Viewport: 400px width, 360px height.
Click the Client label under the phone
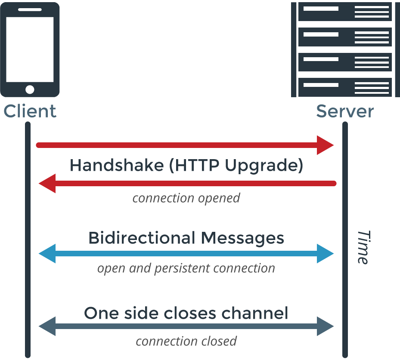tap(30, 111)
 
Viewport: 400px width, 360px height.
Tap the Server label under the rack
tap(344, 111)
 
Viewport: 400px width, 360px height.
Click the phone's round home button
tap(30, 89)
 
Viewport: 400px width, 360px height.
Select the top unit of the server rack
tap(345, 12)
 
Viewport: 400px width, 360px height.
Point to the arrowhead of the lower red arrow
tap(47, 184)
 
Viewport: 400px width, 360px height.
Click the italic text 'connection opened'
tap(186, 198)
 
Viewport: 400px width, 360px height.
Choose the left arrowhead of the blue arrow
tap(47, 254)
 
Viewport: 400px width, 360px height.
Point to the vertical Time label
tap(363, 247)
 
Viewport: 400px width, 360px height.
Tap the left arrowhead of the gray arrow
tap(47, 327)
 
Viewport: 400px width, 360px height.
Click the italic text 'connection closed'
tap(186, 341)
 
